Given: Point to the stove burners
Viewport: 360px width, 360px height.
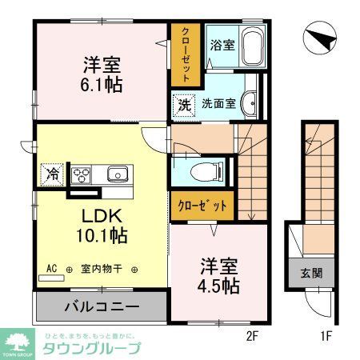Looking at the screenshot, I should click(83, 174).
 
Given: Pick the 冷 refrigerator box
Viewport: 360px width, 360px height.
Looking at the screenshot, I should click(52, 173).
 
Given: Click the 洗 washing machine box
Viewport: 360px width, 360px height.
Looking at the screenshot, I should click(183, 104).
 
